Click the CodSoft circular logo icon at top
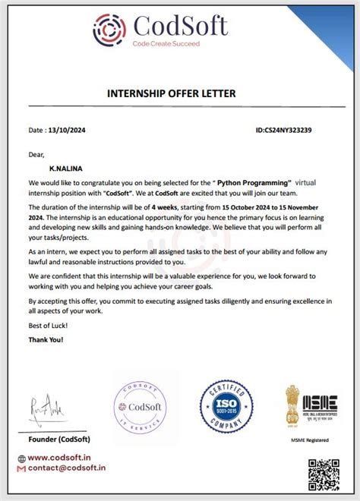tap(109, 30)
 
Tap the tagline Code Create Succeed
tap(166, 45)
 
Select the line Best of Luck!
tap(49, 325)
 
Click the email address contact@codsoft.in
tap(68, 469)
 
